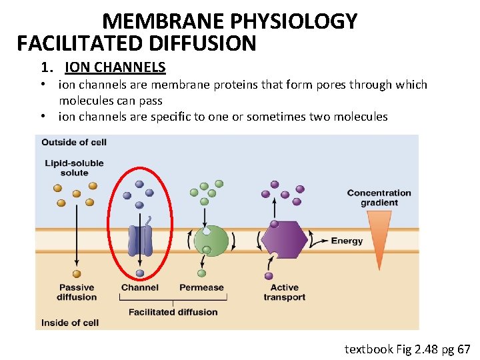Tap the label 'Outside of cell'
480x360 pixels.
tap(73, 142)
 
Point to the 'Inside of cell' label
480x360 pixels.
tap(69, 323)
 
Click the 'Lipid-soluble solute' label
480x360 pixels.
tap(74, 168)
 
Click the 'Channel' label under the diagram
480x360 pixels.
tap(139, 287)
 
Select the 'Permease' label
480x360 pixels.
tap(201, 287)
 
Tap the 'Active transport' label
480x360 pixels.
tap(284, 292)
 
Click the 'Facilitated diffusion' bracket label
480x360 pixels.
tap(173, 312)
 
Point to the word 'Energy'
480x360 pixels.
tap(347, 241)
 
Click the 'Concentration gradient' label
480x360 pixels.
tap(379, 197)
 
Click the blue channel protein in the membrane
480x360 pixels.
tap(140, 240)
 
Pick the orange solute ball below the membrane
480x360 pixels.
tap(77, 273)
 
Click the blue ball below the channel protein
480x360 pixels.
tap(140, 273)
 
